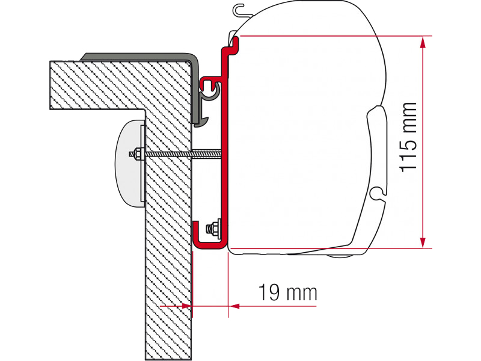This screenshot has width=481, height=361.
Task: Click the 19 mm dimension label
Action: tap(287, 292)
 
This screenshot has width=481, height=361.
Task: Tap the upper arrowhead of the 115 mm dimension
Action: tap(423, 42)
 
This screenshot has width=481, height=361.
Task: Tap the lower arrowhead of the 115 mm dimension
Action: tap(423, 242)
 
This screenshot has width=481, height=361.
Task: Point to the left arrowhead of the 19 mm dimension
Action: tap(186, 306)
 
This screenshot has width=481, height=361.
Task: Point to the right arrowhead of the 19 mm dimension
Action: tap(234, 306)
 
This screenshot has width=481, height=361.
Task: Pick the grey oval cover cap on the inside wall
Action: tap(129, 162)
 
